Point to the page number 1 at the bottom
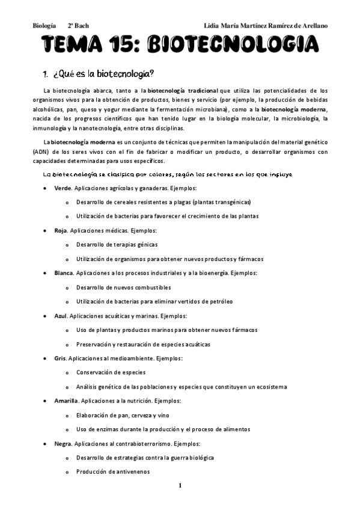click(180, 485)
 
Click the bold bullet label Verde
click(62, 188)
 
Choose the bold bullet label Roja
click(60, 230)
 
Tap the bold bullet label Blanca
click(63, 273)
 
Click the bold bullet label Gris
click(59, 358)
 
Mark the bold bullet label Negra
click(62, 443)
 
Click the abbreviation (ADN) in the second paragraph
click(41, 152)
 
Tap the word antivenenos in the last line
click(130, 472)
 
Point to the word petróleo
click(220, 301)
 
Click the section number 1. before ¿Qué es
click(44, 74)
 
